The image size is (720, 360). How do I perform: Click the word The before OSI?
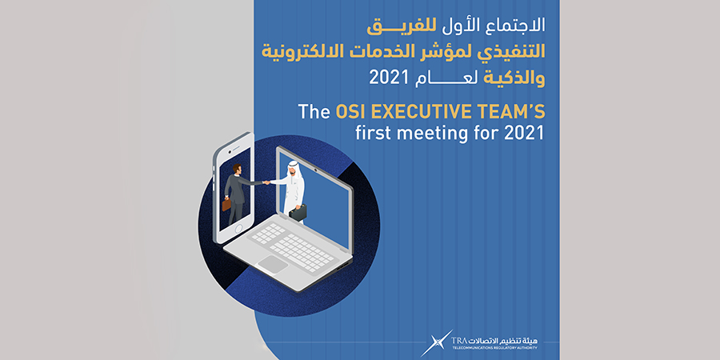(314, 112)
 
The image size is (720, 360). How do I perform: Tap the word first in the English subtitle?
(374, 133)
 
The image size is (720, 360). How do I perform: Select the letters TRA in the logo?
(458, 341)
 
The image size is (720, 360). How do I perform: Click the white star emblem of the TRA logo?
(436, 343)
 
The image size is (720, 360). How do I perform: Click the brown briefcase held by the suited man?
(226, 204)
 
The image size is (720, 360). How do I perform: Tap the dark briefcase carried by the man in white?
(298, 213)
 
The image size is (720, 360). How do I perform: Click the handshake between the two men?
(266, 182)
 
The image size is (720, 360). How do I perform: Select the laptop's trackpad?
(273, 264)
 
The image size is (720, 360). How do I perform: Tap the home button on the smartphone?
(238, 229)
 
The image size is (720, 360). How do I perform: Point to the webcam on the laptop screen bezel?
(316, 170)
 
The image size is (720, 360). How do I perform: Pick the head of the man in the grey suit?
(237, 169)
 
